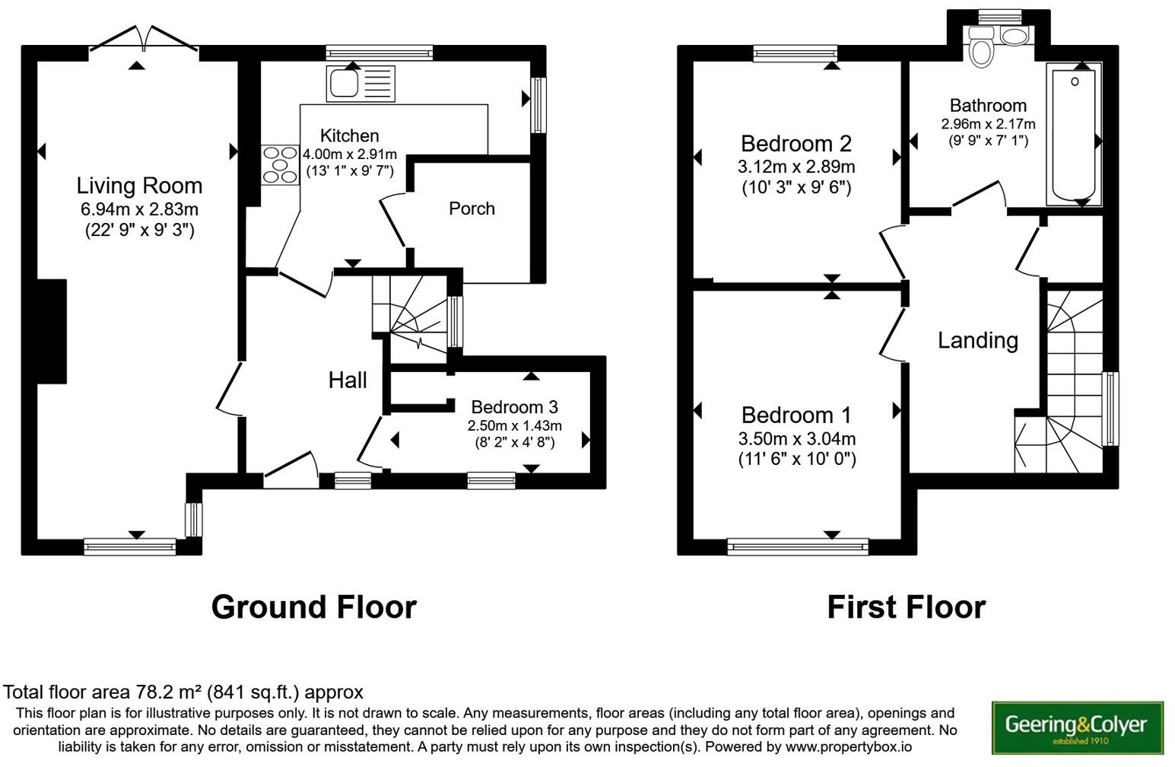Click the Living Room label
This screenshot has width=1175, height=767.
pyautogui.click(x=139, y=186)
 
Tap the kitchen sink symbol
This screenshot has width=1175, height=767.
pyautogui.click(x=360, y=83)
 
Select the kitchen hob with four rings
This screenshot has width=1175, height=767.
pyautogui.click(x=280, y=164)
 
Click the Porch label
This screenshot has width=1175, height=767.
pyautogui.click(x=472, y=208)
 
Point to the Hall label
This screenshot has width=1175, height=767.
pyautogui.click(x=348, y=380)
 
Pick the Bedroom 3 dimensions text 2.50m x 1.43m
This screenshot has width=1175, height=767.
pyautogui.click(x=514, y=426)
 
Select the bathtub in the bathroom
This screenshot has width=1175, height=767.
pyautogui.click(x=1074, y=135)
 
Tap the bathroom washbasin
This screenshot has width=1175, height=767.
pyautogui.click(x=1015, y=36)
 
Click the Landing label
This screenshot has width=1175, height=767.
pyautogui.click(x=977, y=340)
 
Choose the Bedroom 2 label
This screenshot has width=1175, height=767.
pyautogui.click(x=796, y=143)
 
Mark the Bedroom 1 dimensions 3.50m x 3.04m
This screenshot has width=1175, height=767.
pyautogui.click(x=796, y=439)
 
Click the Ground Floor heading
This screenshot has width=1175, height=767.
pyautogui.click(x=313, y=607)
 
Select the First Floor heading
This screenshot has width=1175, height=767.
pyautogui.click(x=906, y=607)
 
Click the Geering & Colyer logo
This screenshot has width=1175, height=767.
pyautogui.click(x=1077, y=727)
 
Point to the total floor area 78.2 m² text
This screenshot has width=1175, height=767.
pyautogui.click(x=183, y=692)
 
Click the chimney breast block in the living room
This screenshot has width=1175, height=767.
pyautogui.click(x=51, y=331)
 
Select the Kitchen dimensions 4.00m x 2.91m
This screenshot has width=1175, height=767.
pyautogui.click(x=350, y=154)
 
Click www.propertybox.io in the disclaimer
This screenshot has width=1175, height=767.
pyautogui.click(x=848, y=747)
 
